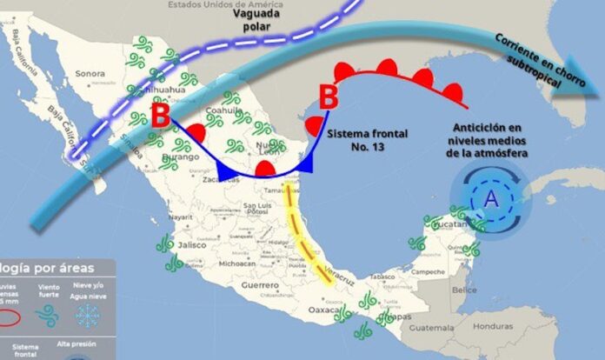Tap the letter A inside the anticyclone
[492, 200]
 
